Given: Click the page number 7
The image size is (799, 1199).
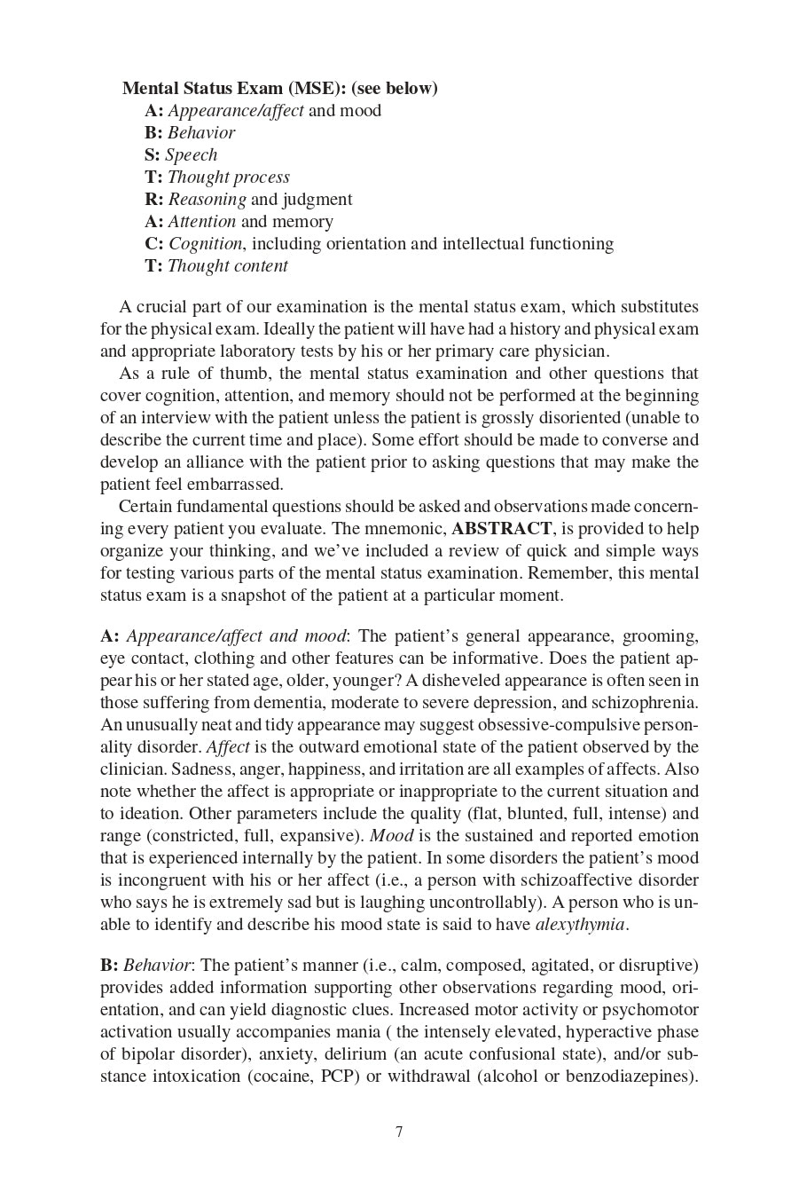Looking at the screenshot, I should pyautogui.click(x=399, y=1132).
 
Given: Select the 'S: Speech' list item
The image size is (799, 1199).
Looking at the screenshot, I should pyautogui.click(x=181, y=154).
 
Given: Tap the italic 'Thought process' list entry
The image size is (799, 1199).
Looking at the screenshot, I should pyautogui.click(x=228, y=177).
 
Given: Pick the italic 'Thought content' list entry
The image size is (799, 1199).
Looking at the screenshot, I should pyautogui.click(x=227, y=265).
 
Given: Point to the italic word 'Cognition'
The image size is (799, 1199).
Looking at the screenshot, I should pyautogui.click(x=205, y=243).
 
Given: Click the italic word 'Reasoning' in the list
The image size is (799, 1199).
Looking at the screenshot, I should pyautogui.click(x=207, y=199).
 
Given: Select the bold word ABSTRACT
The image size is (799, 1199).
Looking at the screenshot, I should pyautogui.click(x=501, y=528).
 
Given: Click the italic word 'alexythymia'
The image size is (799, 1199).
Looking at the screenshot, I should pyautogui.click(x=580, y=924).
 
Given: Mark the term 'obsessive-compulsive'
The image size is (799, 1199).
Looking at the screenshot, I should pyautogui.click(x=564, y=724).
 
